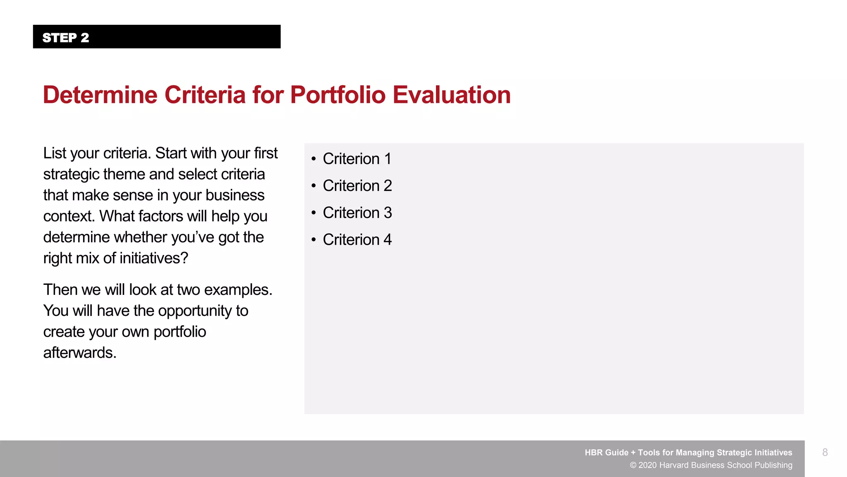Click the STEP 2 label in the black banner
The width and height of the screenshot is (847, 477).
66,38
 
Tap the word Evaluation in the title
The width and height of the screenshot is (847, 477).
452,95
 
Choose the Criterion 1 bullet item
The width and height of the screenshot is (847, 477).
357,159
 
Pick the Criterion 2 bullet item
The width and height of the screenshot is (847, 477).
357,186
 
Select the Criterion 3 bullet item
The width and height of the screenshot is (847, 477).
357,213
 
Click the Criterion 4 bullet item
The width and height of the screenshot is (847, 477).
357,240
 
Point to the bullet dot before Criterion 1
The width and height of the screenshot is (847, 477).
314,159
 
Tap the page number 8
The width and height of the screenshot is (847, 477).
825,452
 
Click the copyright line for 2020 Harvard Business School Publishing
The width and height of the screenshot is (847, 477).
711,465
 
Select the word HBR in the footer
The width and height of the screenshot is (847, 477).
595,453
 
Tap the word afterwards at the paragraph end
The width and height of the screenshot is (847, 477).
79,353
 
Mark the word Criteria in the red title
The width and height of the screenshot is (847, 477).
205,95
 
